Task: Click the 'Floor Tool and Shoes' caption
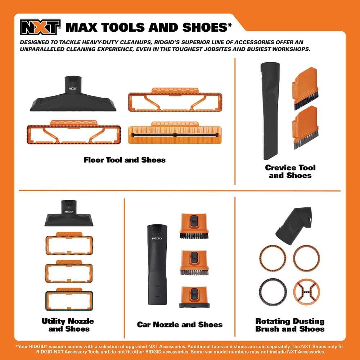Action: tap(125, 160)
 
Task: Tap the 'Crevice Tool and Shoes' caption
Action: tap(290, 171)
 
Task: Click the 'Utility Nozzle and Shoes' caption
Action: tap(68, 325)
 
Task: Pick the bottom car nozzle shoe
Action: tap(194, 297)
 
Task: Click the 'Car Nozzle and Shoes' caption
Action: tap(180, 324)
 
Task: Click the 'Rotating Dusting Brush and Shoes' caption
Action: tap(290, 325)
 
